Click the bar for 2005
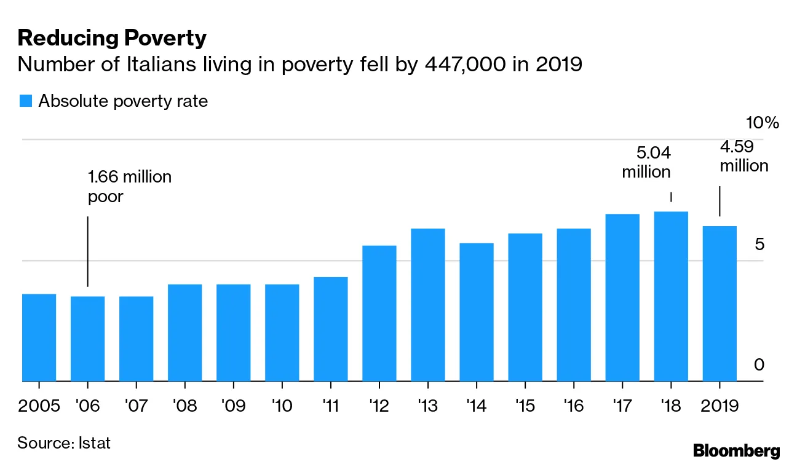tap(39, 337)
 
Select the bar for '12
tap(379, 313)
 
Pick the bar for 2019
tap(720, 304)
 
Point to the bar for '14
tap(477, 312)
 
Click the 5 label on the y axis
tap(759, 245)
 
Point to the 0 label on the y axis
tap(759, 365)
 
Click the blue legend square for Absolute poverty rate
tap(25, 101)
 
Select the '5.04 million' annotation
tap(646, 162)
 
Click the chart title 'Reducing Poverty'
tap(112, 39)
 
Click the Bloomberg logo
tap(736, 450)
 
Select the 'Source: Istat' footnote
tap(64, 442)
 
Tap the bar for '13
tap(428, 305)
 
